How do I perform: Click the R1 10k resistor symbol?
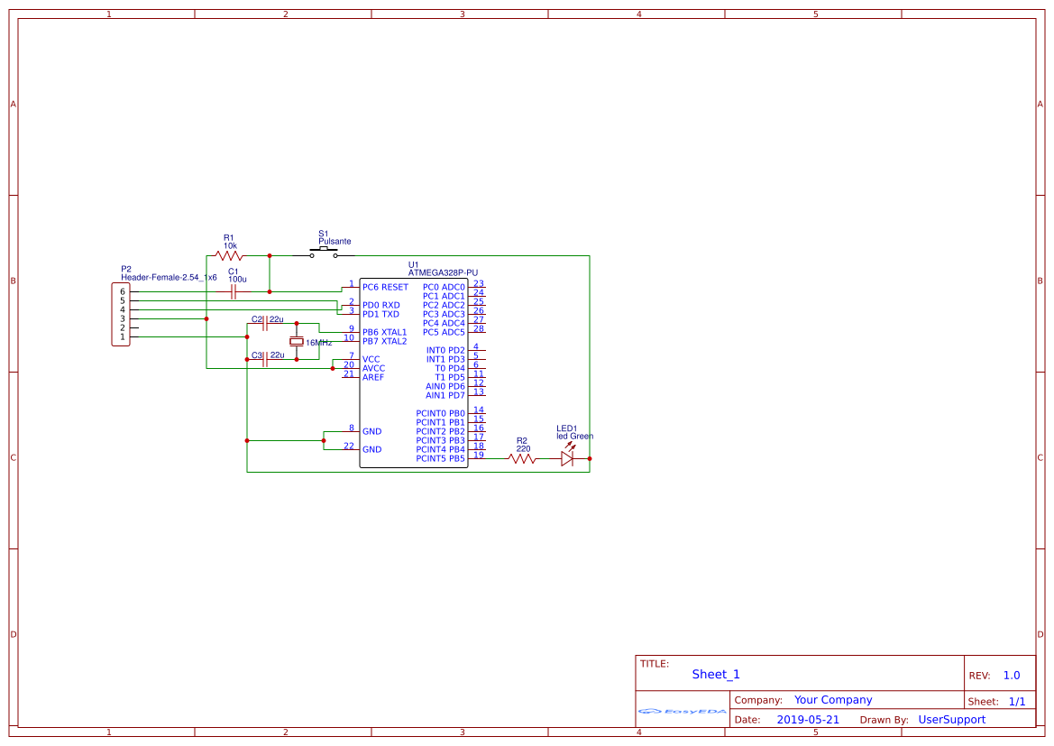click(230, 256)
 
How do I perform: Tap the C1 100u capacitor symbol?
click(234, 291)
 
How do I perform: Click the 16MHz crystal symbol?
click(296, 342)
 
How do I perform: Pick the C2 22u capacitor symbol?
click(264, 323)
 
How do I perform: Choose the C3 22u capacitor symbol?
click(264, 359)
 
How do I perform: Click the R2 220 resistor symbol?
click(522, 458)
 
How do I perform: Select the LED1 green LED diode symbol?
click(567, 458)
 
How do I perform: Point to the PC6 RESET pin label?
click(385, 288)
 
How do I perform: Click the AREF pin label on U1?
click(373, 377)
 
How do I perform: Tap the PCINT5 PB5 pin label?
click(440, 458)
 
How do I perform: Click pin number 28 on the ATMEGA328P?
click(478, 328)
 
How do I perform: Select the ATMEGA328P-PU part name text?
click(443, 272)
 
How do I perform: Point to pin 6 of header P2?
click(123, 292)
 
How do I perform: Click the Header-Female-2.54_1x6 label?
click(169, 278)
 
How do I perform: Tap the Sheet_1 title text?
click(715, 675)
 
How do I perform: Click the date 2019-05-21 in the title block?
click(807, 720)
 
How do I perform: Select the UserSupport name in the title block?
click(951, 720)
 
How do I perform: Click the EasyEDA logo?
click(682, 712)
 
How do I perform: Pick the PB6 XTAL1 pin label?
click(384, 332)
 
